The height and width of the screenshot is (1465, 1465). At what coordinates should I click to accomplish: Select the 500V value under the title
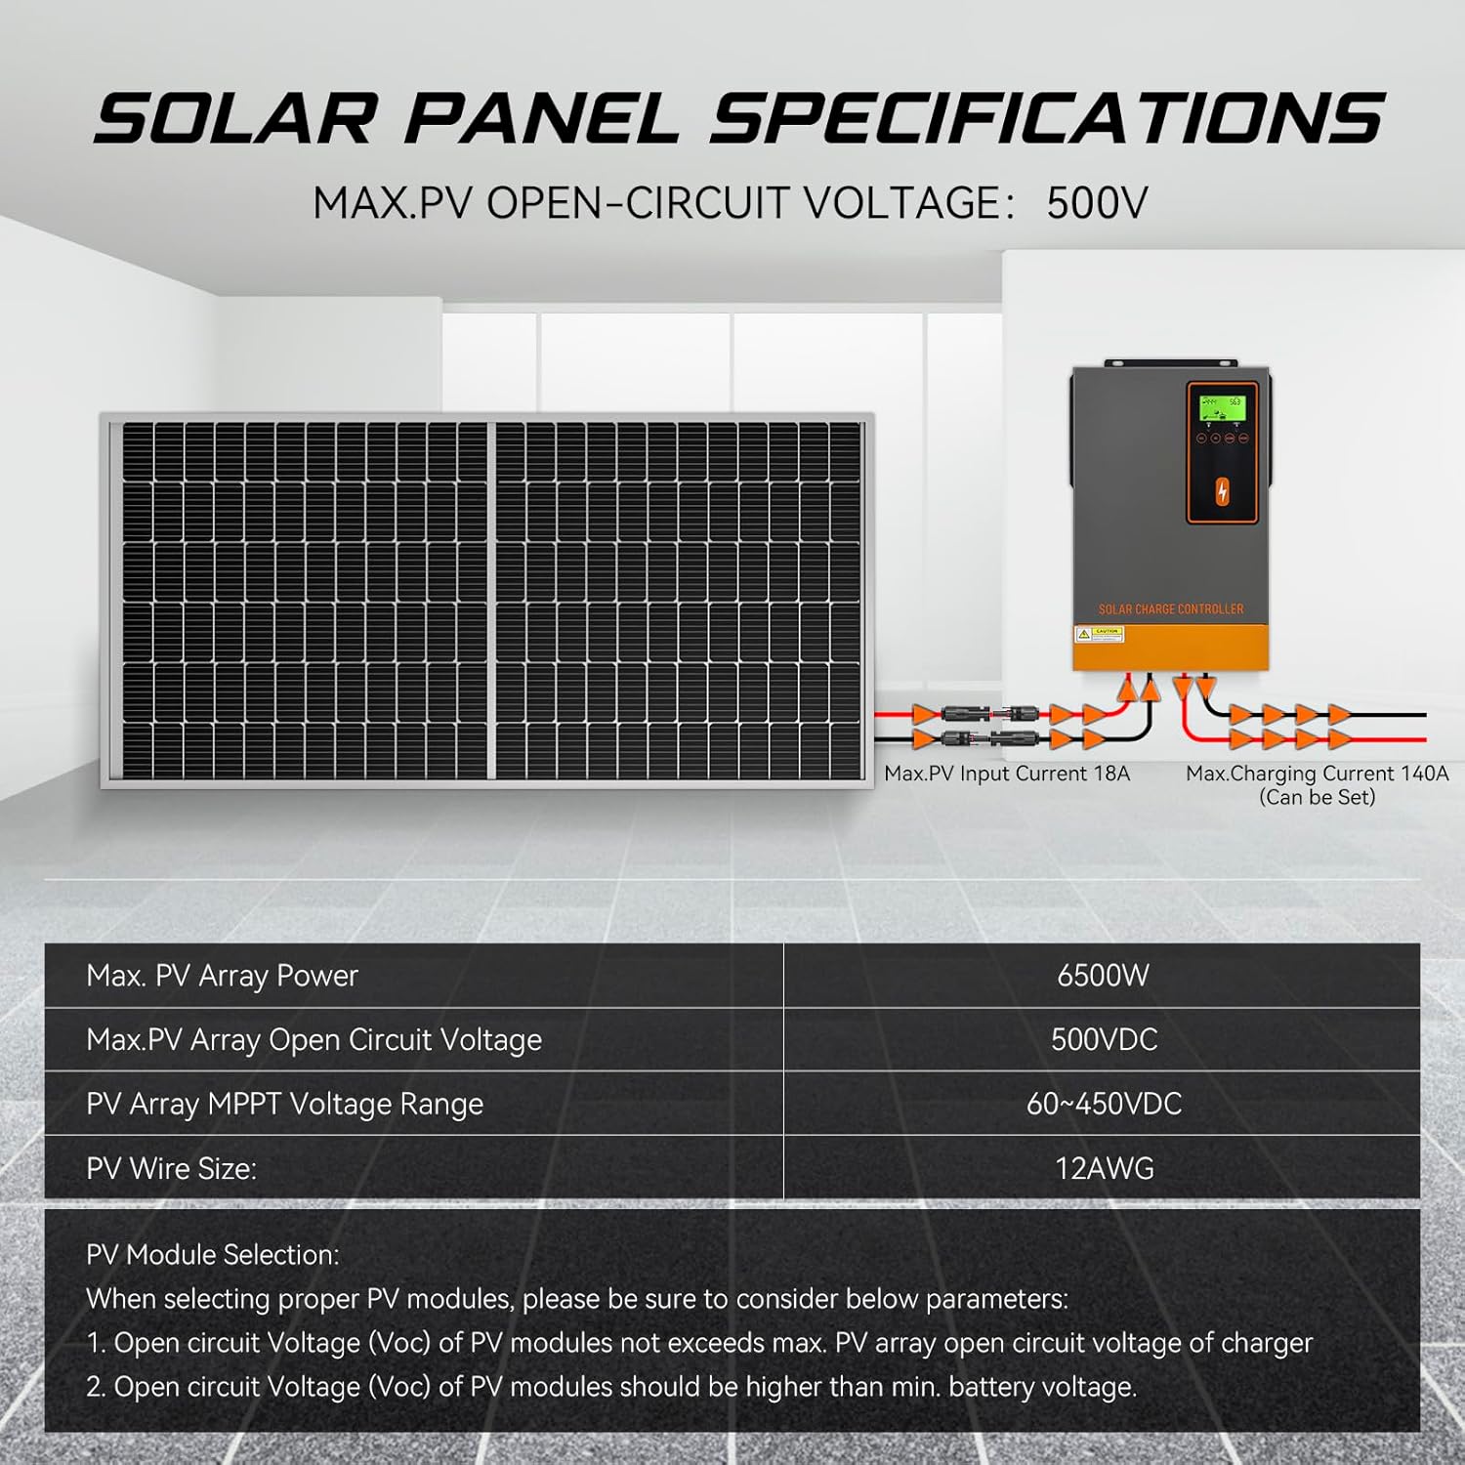(x=1097, y=203)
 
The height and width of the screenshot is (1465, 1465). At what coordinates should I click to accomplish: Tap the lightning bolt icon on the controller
(x=1222, y=492)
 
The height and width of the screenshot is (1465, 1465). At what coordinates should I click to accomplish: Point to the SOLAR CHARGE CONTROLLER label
(x=1171, y=609)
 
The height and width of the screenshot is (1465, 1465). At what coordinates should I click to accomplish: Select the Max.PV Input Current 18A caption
(x=1007, y=774)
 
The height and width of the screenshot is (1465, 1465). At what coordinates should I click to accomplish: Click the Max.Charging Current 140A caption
(x=1317, y=774)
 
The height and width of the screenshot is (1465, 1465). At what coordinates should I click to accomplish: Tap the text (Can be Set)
(x=1317, y=797)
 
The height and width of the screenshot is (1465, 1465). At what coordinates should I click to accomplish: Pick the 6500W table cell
(x=1103, y=976)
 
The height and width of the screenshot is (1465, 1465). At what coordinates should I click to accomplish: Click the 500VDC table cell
(x=1104, y=1039)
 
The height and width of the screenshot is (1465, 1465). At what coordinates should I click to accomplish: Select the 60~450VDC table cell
(x=1104, y=1104)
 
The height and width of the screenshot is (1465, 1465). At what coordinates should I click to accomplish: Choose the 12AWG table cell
(x=1104, y=1168)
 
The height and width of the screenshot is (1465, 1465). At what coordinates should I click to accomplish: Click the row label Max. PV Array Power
(x=222, y=976)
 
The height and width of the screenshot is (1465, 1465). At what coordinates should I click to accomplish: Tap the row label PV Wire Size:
(x=171, y=1168)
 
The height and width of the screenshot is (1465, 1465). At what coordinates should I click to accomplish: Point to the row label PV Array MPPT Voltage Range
(x=284, y=1104)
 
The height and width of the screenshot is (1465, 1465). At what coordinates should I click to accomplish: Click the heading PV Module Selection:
(x=213, y=1255)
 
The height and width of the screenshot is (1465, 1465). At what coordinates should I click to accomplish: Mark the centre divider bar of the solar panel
(x=491, y=601)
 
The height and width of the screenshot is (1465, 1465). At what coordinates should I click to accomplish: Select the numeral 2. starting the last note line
(x=96, y=1387)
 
